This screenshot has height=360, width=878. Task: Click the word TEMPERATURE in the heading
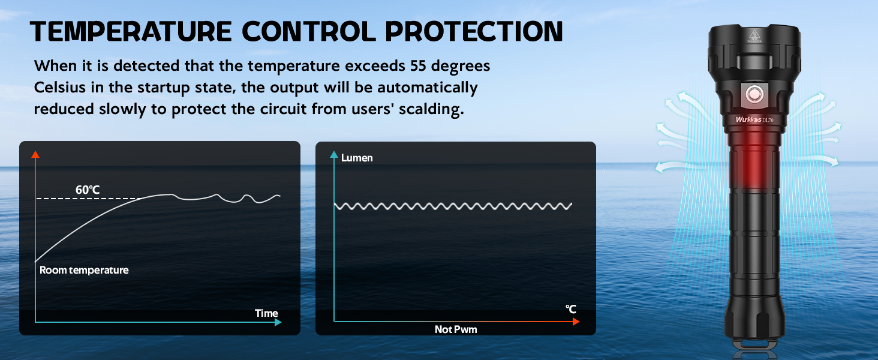[131, 31]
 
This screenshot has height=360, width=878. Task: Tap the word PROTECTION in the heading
[474, 31]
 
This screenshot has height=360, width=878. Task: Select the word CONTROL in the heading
[309, 31]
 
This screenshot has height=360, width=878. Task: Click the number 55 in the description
[418, 66]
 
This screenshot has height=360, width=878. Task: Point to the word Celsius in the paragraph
[59, 88]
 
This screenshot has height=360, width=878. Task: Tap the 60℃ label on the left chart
[88, 190]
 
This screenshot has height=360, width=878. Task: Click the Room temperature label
[84, 270]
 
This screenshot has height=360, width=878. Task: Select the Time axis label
[266, 313]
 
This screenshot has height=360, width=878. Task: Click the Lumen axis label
[357, 158]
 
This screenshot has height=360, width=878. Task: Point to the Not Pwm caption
[456, 329]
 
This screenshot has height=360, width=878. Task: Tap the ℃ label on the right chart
[571, 310]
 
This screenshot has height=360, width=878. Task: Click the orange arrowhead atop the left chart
[35, 154]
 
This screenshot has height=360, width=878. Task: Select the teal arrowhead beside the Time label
[278, 322]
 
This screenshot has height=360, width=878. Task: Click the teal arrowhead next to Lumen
[334, 155]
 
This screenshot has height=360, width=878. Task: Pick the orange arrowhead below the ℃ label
[576, 322]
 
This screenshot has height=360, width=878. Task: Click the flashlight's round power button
[754, 95]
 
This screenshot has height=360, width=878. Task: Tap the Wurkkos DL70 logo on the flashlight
[754, 119]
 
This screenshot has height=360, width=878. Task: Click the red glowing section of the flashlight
[753, 161]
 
